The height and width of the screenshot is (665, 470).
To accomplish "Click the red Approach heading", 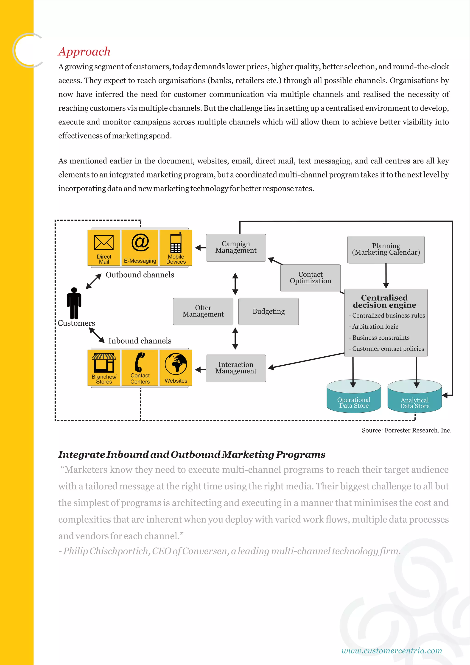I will [84, 52].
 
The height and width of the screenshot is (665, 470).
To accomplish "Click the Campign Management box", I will [236, 247].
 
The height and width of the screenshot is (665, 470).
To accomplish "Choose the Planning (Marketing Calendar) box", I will [386, 249].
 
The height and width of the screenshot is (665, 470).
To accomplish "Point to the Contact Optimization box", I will [310, 278].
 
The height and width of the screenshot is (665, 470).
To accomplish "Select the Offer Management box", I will [203, 311].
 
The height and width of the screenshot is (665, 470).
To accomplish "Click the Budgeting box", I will [268, 311].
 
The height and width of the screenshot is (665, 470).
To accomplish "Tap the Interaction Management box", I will [236, 368].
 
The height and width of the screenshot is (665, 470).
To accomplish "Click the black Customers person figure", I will [74, 303].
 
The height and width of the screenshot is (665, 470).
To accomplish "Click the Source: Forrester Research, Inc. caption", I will [406, 430].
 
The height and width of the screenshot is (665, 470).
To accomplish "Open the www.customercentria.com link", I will [392, 651].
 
